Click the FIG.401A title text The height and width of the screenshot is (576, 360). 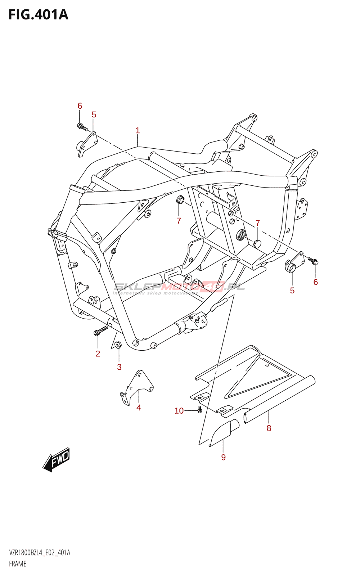[x=39, y=15]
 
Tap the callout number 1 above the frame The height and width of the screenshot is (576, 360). [x=138, y=131]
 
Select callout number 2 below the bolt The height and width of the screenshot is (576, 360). [x=98, y=354]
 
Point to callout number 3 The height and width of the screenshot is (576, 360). [x=119, y=367]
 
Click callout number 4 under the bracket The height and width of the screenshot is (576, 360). [x=139, y=408]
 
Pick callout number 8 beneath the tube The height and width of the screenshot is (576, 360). [x=269, y=428]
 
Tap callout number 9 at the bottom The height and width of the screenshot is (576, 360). [x=223, y=457]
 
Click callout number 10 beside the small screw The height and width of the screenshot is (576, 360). [x=179, y=411]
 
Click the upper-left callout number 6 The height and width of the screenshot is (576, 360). [x=80, y=106]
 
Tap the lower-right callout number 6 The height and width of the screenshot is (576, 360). [x=315, y=282]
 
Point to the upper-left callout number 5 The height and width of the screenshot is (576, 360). [x=94, y=115]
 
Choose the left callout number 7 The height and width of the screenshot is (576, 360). [x=179, y=221]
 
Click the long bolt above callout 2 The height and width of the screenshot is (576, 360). [x=101, y=330]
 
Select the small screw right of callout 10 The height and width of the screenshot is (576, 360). [x=199, y=410]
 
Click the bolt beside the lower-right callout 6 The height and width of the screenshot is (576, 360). [x=313, y=261]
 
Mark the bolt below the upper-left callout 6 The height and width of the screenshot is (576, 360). [x=82, y=127]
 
